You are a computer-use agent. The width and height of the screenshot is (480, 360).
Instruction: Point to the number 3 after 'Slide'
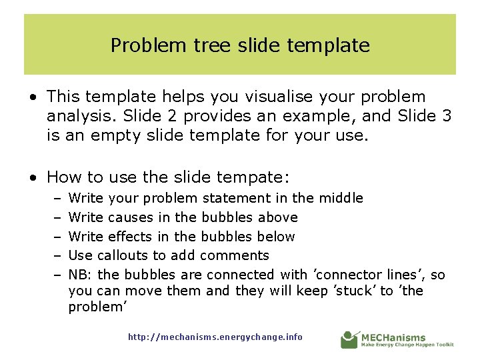[446, 116]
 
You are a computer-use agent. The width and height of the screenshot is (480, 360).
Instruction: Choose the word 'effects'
[130, 237]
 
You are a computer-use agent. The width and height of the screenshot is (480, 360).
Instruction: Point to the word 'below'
[275, 237]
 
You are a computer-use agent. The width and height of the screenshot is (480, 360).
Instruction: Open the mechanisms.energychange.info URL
[215, 337]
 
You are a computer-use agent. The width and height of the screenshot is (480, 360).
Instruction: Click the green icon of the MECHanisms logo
[349, 339]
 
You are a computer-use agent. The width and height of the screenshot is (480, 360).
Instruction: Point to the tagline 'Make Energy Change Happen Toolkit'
[407, 345]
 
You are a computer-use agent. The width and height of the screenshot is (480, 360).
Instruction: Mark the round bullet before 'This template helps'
[33, 98]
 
